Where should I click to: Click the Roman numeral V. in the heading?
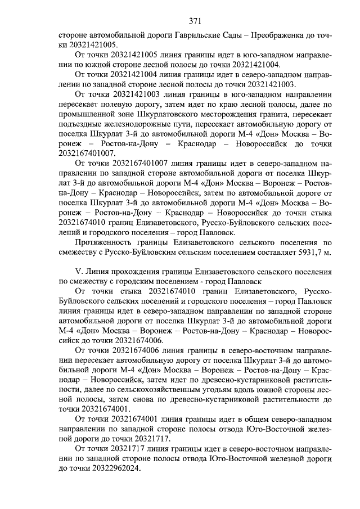[x=79, y=271]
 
